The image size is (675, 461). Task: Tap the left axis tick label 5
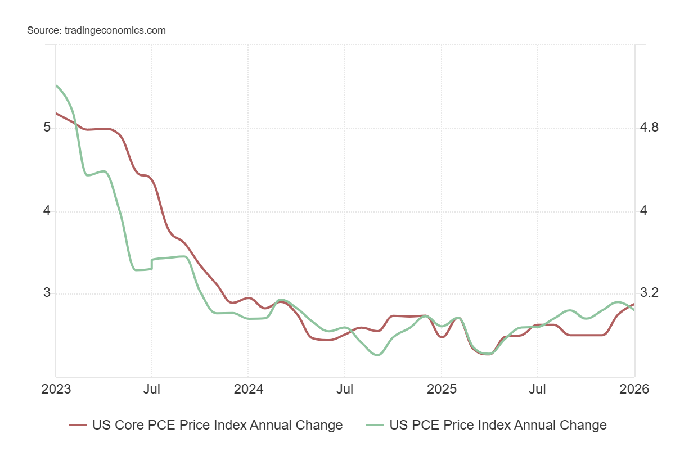[x=47, y=128]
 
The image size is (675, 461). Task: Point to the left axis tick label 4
[x=47, y=211]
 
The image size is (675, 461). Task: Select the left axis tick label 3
[x=47, y=293]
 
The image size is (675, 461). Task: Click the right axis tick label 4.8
[x=649, y=128]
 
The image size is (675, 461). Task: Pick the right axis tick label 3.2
[x=649, y=293]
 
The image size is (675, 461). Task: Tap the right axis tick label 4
[x=644, y=211]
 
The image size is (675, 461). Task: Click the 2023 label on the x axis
[x=56, y=389]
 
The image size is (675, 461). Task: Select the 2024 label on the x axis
[x=248, y=389]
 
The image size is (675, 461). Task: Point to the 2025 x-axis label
[x=442, y=389]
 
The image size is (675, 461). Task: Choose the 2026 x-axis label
[x=634, y=389]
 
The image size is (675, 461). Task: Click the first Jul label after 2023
[x=152, y=389]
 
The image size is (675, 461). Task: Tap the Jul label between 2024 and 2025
[x=345, y=389]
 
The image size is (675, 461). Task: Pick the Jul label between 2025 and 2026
[x=538, y=389]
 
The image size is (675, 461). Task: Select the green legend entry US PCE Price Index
[x=498, y=425]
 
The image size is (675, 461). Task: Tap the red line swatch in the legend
[x=77, y=425]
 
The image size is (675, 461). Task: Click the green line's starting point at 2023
[x=56, y=85]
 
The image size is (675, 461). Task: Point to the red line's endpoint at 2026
[x=634, y=304]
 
